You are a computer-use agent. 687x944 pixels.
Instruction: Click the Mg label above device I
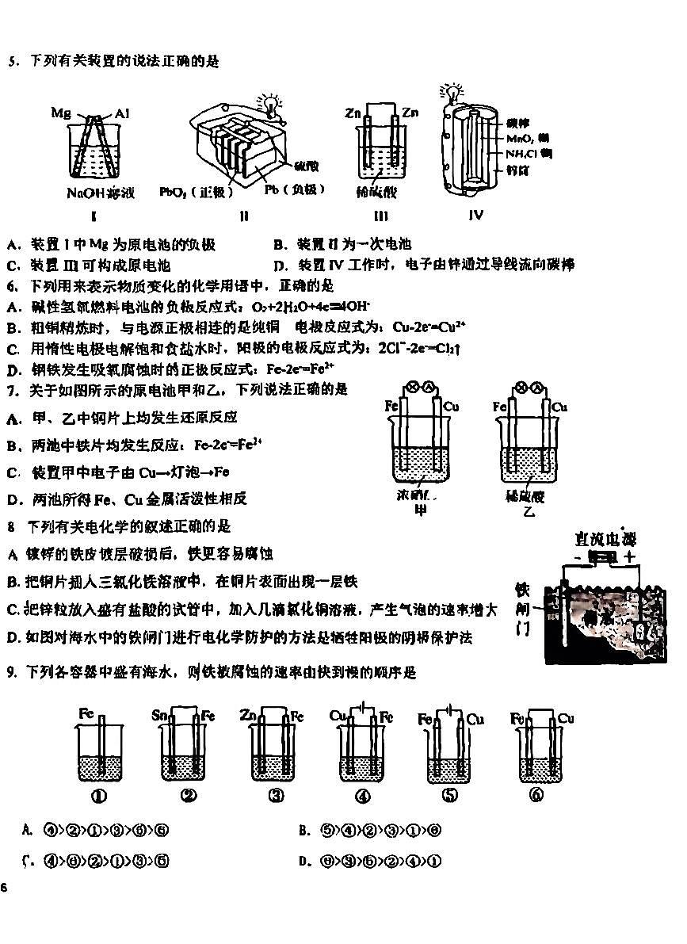(x=61, y=113)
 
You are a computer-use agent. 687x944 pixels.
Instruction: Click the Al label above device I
(x=121, y=113)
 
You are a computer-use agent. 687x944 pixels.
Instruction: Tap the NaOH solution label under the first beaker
(x=101, y=193)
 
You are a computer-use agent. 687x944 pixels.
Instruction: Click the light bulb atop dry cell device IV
(x=452, y=90)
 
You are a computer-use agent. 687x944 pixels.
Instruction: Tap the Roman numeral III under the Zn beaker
(x=380, y=216)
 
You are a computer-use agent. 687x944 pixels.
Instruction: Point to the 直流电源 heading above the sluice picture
(x=606, y=539)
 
